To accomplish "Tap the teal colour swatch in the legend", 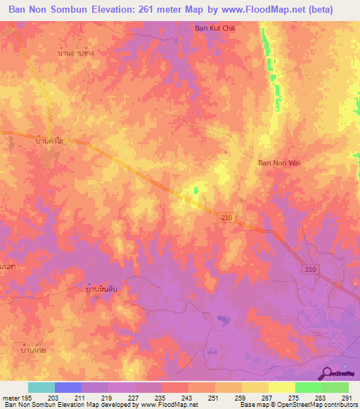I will coord(41,387).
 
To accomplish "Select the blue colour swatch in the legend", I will coord(68,387).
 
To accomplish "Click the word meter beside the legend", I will coord(11,398).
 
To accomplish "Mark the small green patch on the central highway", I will coord(196,190).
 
